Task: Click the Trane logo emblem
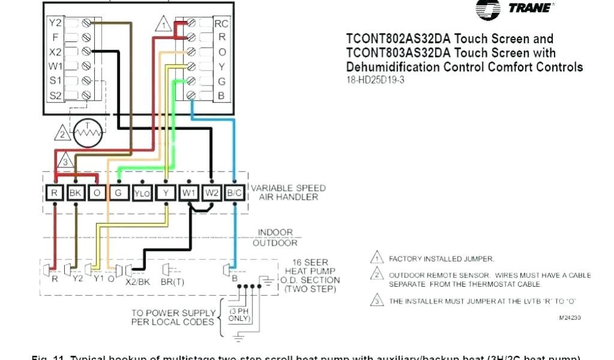tap(487, 8)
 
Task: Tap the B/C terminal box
tap(235, 193)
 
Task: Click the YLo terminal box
tap(142, 193)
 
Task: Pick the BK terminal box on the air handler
tap(76, 193)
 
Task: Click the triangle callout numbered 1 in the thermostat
tap(162, 25)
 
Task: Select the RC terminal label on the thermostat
tap(221, 23)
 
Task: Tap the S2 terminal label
tap(55, 94)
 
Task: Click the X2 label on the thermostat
tap(55, 52)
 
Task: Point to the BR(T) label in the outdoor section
tap(172, 280)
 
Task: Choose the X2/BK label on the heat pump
tap(138, 280)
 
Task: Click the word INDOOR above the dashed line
tap(275, 233)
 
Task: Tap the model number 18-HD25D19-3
tap(375, 80)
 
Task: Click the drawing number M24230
tap(570, 317)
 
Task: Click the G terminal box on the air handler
tap(119, 193)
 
